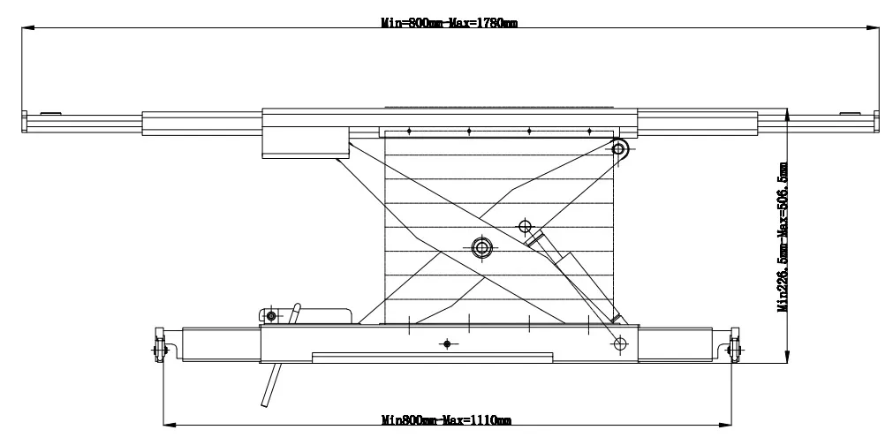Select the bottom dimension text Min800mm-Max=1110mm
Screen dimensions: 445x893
click(x=446, y=420)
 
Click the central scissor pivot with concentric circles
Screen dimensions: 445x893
click(x=481, y=248)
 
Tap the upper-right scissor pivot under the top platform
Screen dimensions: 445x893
click(x=620, y=149)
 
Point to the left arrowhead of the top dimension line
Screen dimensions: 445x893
click(x=26, y=29)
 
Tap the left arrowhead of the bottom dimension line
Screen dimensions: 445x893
click(x=164, y=420)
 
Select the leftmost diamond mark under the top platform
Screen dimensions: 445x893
click(x=409, y=132)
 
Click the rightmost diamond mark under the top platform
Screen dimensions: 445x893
click(x=589, y=132)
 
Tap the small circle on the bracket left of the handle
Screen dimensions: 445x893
click(x=271, y=315)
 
